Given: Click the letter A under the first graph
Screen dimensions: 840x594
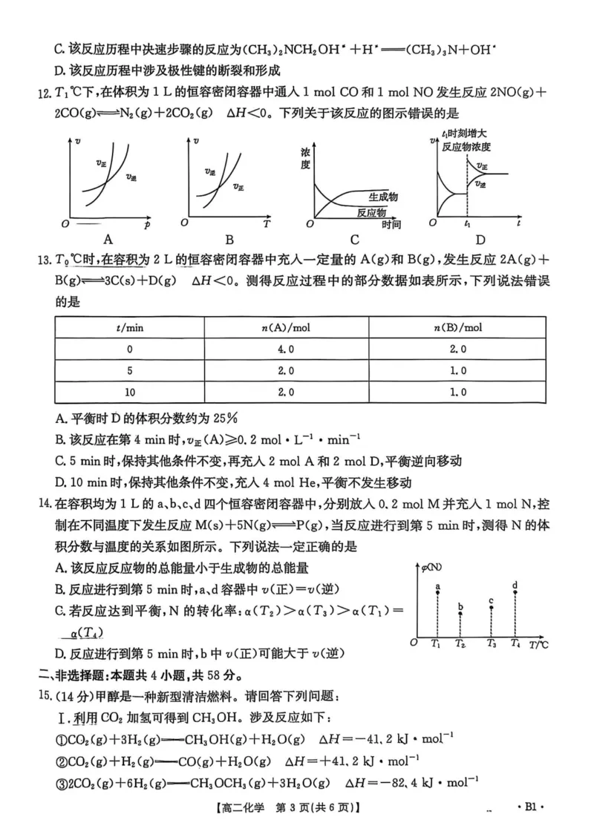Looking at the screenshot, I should coord(109,239).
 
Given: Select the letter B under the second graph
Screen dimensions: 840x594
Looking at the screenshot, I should coord(229,239).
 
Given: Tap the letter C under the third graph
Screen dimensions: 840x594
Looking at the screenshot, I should coord(355,239).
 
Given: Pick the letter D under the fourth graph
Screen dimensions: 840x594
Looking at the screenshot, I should coord(480,239).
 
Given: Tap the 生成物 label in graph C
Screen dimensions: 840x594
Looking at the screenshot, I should coord(383,196).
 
